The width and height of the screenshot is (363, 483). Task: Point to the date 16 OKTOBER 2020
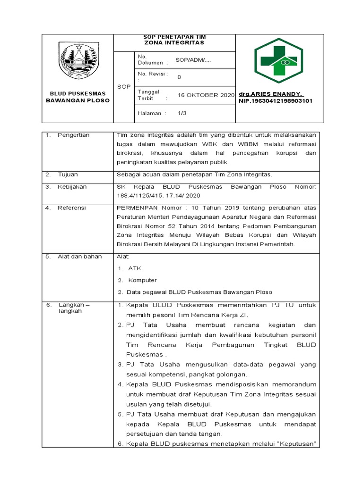pos(206,95)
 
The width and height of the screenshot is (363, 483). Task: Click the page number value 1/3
pos(182,113)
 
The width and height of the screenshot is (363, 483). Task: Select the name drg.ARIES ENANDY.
pos(271,94)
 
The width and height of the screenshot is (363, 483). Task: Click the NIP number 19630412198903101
pos(275,101)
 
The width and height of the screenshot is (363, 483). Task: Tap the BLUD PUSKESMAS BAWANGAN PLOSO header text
pos(77,97)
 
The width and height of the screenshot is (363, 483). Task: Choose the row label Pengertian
pos(73,135)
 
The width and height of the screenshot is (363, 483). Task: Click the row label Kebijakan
pos(72,187)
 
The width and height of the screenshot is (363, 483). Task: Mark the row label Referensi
pos(72,208)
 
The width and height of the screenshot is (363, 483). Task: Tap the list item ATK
pos(135,268)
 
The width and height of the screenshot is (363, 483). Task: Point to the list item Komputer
pos(142,280)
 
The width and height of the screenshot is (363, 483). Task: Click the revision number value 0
pos(179,77)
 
